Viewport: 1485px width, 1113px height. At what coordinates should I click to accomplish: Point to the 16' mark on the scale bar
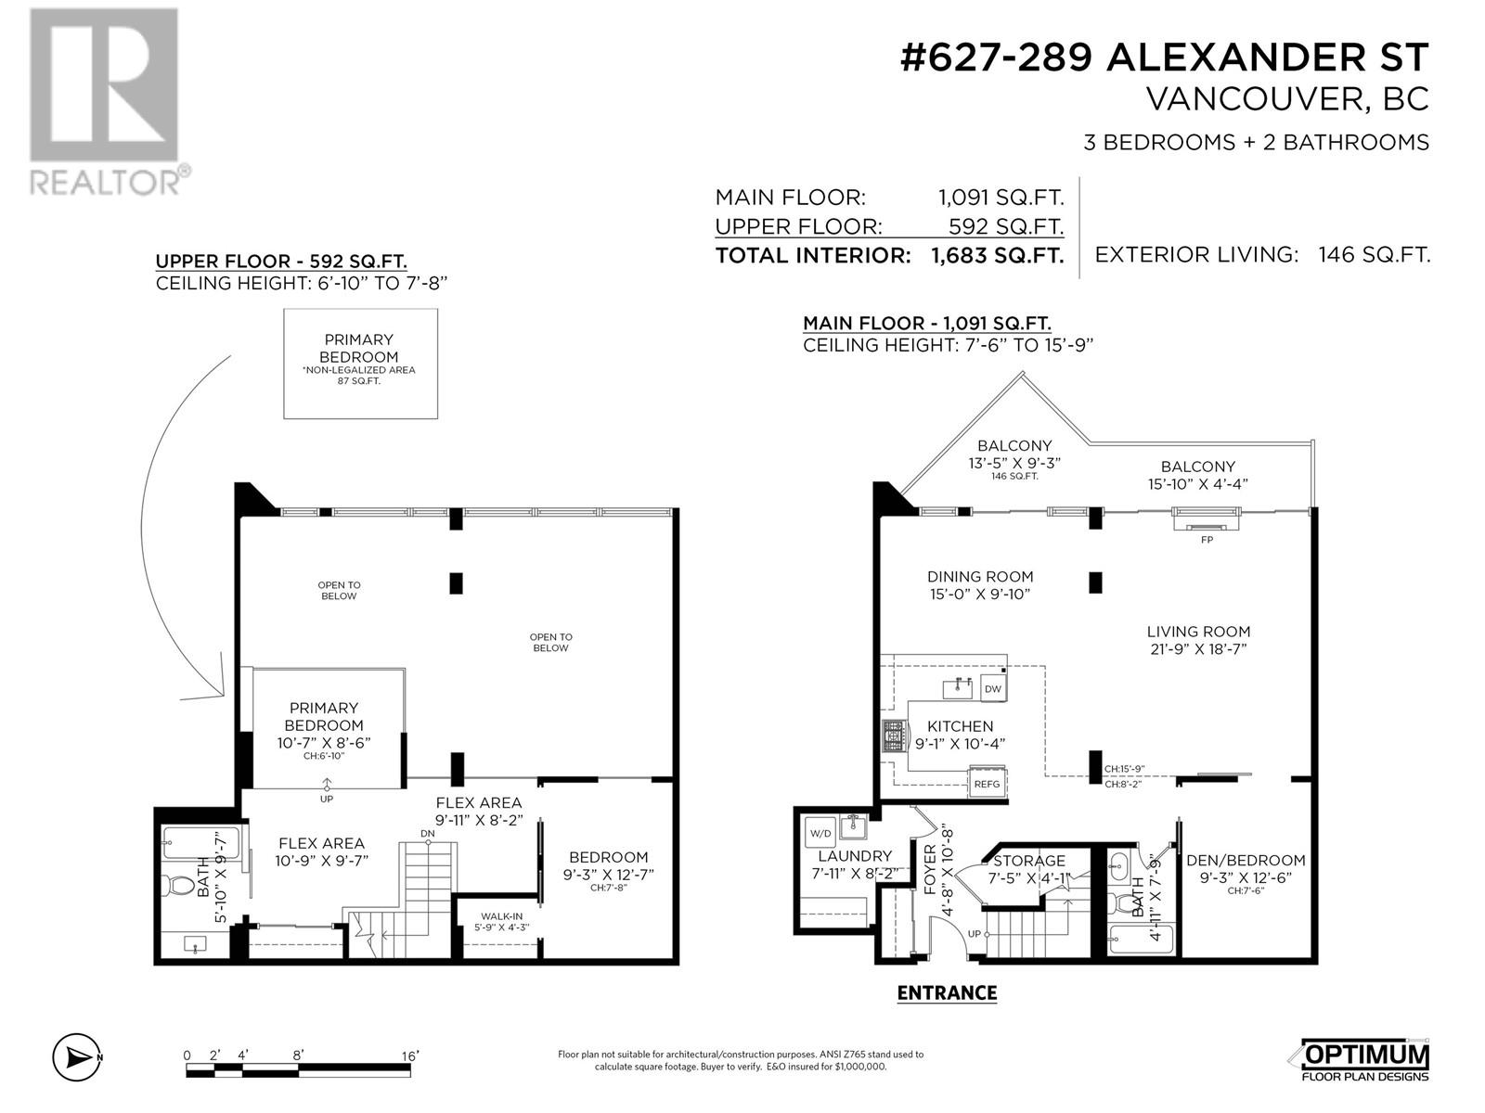point(410,1055)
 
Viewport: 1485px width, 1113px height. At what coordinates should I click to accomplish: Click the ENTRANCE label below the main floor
point(947,992)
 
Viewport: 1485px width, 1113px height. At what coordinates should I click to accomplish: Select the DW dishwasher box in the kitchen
point(992,688)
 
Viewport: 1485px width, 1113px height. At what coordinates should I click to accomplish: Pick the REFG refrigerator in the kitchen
point(987,783)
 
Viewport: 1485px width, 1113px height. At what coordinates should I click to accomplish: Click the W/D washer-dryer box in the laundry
point(820,833)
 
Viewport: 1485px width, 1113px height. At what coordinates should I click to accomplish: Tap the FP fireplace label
point(1207,539)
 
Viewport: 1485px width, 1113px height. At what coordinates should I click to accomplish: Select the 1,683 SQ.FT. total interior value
point(997,255)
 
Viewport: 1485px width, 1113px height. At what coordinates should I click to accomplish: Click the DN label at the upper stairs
point(428,833)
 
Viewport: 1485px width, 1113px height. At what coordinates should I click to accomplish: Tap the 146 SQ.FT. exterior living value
point(1374,255)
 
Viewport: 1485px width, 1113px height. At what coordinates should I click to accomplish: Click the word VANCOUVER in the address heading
point(1251,100)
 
